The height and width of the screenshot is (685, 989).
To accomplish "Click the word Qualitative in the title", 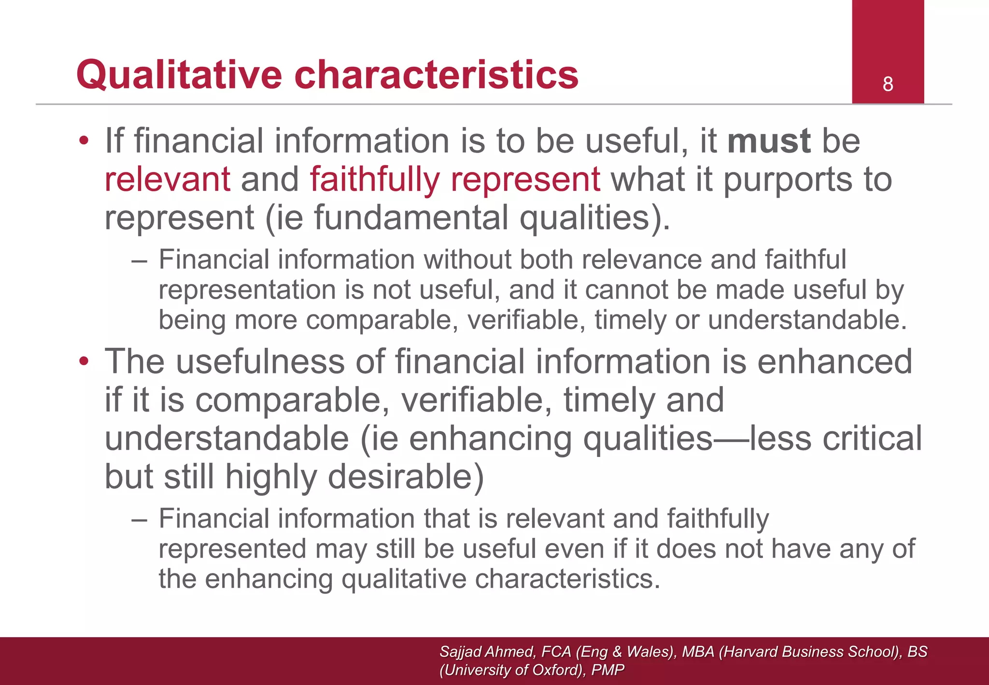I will point(179,75).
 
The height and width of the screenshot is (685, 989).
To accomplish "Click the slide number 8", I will point(888,85).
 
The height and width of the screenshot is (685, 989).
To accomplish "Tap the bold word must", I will point(769,141).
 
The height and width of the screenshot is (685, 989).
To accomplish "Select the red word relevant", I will point(168,179).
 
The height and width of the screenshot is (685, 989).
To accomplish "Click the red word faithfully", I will point(375,179).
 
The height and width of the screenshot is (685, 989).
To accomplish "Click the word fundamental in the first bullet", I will point(411,217).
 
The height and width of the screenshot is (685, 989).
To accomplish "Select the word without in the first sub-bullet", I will point(467,259).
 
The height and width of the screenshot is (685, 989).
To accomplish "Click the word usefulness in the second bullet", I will point(260,361).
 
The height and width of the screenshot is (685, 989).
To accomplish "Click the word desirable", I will point(406,476).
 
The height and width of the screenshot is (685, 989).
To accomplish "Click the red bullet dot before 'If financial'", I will point(84,142).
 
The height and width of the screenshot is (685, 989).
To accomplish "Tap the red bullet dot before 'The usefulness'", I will point(84,361).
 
